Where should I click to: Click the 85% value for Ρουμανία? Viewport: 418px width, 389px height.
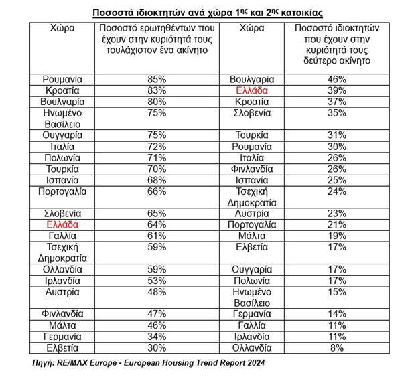pos(157,78)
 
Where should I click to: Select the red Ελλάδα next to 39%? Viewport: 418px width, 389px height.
pos(252,90)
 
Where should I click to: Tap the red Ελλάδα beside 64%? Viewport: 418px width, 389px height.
pos(64,224)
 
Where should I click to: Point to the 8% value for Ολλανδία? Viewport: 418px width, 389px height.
pos(336,348)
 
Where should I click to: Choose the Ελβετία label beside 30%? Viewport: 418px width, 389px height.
pos(64,348)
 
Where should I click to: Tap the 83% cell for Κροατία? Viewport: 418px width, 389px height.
pos(157,90)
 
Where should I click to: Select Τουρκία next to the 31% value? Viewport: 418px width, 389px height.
pos(252,134)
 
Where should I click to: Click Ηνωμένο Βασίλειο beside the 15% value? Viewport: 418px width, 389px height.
pos(252,297)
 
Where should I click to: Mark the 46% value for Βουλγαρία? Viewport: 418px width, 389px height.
pos(336,78)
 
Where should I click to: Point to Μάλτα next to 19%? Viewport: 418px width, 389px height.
pos(252,236)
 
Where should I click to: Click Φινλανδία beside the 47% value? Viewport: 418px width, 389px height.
pos(64,313)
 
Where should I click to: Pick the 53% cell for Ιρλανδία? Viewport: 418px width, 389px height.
pos(157,280)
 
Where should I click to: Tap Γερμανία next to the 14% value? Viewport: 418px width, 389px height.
pos(252,313)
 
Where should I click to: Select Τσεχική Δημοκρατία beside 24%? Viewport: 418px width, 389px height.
pos(252,198)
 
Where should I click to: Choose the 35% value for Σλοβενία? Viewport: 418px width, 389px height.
pos(336,112)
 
